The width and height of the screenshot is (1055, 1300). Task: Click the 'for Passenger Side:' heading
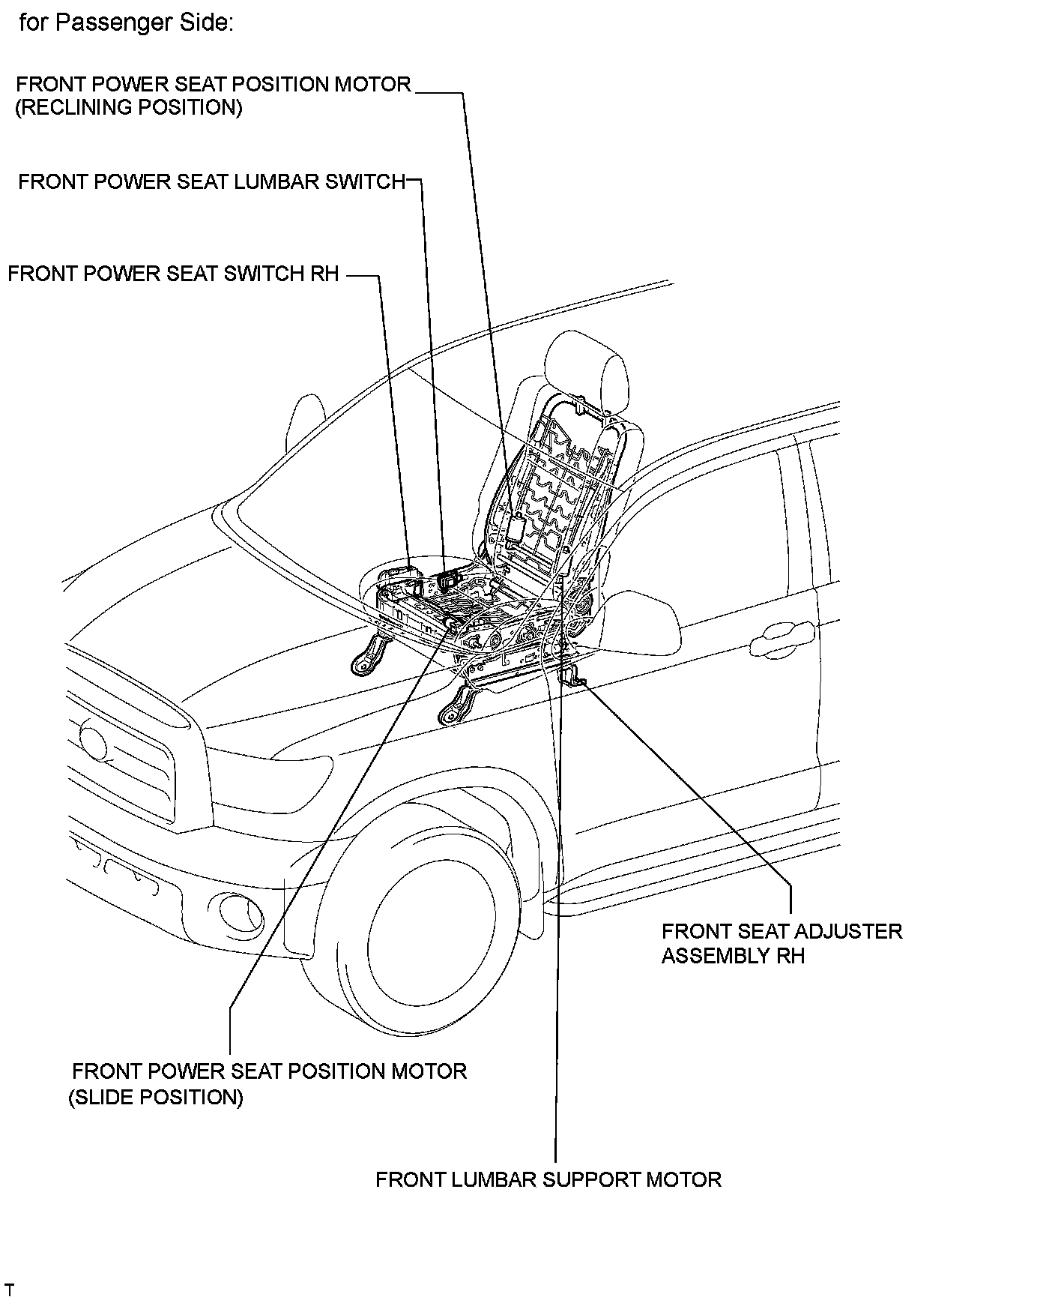click(x=126, y=22)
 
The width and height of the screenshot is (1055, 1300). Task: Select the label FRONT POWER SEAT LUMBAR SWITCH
click(x=211, y=182)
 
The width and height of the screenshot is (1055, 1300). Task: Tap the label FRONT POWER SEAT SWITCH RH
click(x=173, y=274)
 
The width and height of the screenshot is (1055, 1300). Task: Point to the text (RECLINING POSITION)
click(x=129, y=107)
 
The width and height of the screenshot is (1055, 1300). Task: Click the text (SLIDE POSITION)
click(x=156, y=1098)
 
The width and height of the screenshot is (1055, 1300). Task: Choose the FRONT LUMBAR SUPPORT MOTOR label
click(x=548, y=1180)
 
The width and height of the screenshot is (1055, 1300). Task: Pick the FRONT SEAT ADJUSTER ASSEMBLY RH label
click(x=781, y=943)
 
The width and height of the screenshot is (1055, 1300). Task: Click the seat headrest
click(x=585, y=372)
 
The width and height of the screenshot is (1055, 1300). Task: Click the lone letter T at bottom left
click(x=10, y=1290)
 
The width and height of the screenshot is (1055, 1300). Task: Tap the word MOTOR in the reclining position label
click(x=372, y=84)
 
